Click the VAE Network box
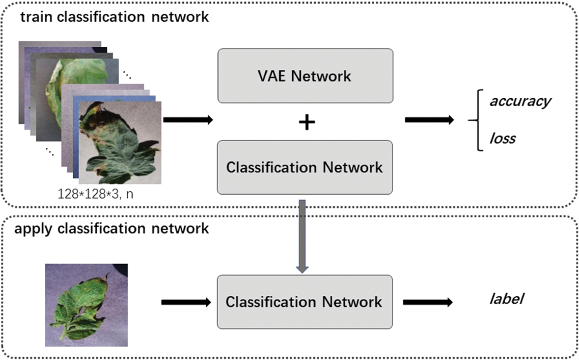[305, 76]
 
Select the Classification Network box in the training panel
[305, 167]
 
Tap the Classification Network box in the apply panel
[305, 302]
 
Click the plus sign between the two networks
[307, 122]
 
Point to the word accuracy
[520, 101]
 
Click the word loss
[503, 139]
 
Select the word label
[506, 299]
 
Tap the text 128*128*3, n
[95, 194]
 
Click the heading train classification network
[114, 17]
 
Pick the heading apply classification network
[112, 228]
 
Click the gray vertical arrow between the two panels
[302, 236]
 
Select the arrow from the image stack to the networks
[188, 120]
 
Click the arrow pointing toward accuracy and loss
[429, 120]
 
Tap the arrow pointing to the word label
[428, 303]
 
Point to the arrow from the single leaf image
[186, 303]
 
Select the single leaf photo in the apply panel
[86, 305]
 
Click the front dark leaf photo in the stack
[120, 143]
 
